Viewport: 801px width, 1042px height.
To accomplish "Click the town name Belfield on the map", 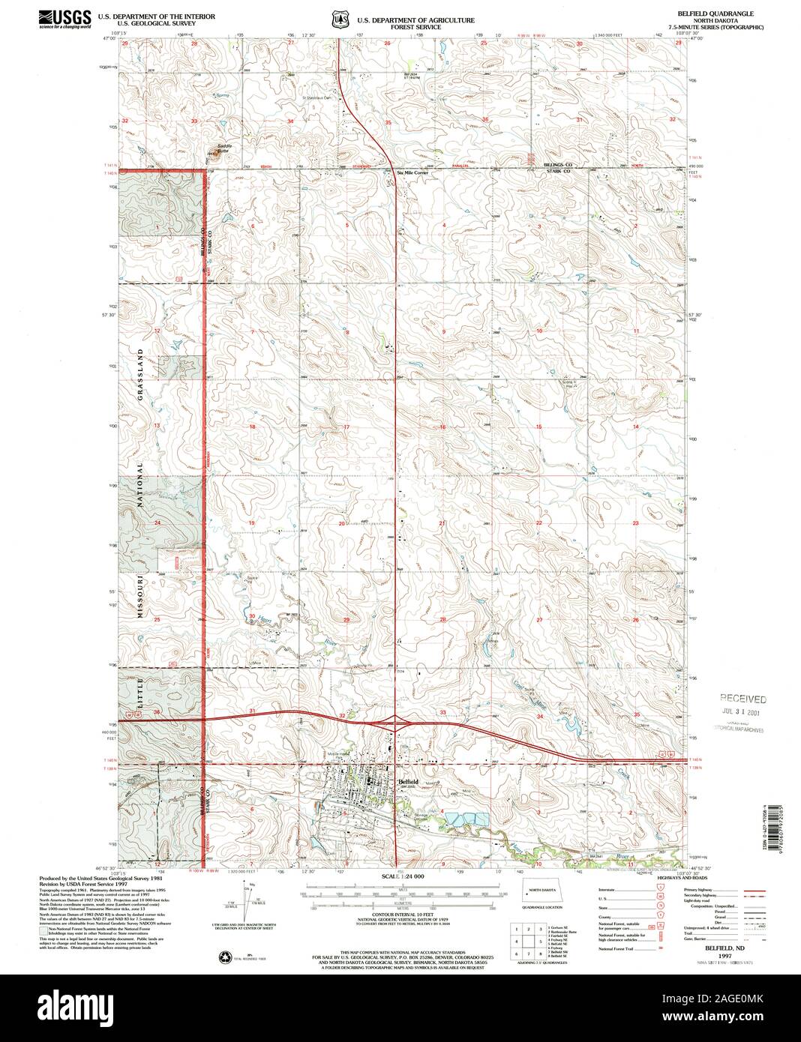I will click(407, 781).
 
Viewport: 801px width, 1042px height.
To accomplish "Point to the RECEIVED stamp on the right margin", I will click(743, 698).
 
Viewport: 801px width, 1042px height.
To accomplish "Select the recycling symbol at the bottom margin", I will click(225, 956).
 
